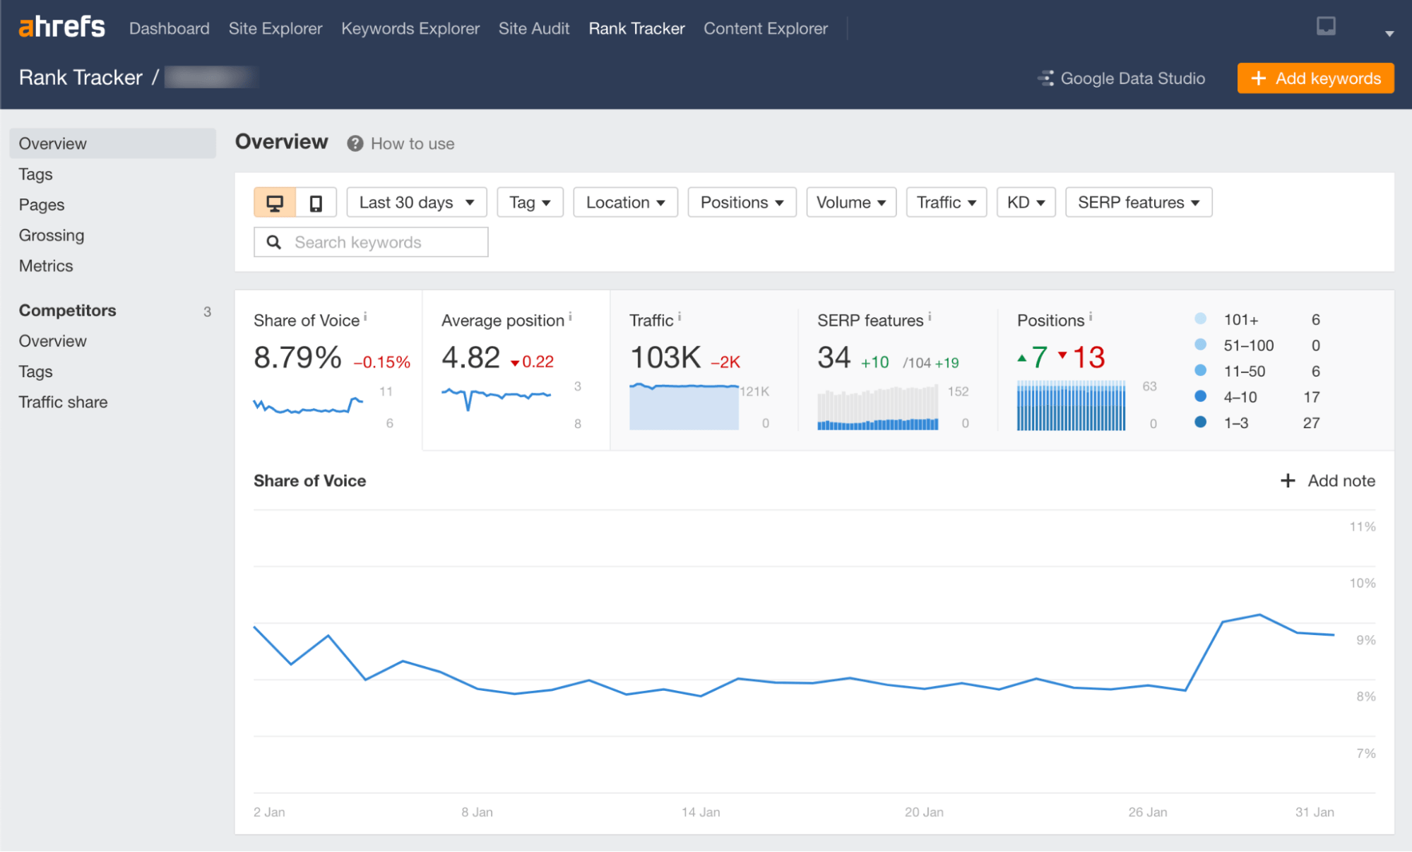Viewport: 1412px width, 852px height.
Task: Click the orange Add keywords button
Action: click(1315, 78)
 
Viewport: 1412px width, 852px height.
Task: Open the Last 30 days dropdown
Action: click(416, 203)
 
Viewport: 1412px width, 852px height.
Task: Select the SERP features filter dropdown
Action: click(1138, 203)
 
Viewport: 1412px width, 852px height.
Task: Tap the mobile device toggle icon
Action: click(316, 203)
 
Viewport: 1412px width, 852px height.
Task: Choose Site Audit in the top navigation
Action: click(533, 29)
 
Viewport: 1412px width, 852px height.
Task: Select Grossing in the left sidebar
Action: click(52, 235)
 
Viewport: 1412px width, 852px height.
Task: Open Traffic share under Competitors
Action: click(63, 402)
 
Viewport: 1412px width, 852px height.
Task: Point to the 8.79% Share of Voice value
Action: click(297, 357)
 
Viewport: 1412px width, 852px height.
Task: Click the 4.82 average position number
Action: click(470, 357)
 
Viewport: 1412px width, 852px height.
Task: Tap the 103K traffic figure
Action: click(665, 357)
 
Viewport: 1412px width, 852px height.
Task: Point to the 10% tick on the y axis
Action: click(1362, 584)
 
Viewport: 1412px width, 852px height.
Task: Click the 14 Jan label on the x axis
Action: click(701, 812)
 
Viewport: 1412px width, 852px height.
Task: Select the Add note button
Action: click(1328, 481)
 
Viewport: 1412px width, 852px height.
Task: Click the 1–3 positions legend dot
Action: click(1200, 422)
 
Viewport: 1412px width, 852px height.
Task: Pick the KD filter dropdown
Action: click(1026, 203)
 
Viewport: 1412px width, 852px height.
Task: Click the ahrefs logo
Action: click(62, 28)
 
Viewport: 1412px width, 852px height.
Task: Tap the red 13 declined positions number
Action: click(1088, 357)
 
